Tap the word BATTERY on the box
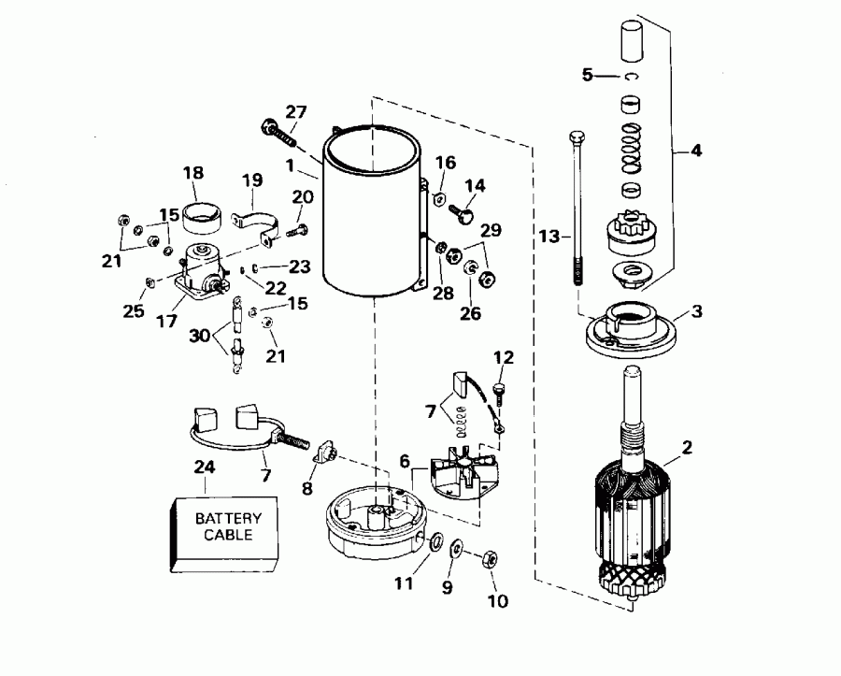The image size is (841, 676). coord(228,518)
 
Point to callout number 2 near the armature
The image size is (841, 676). coord(687,449)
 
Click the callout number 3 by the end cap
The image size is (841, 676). coord(696,311)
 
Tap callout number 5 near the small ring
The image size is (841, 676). coord(587,76)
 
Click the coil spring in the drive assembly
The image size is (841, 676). coord(633,146)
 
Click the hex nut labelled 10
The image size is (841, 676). coord(488,561)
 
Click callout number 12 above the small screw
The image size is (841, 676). coord(504,357)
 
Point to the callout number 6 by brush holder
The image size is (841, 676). coord(406,461)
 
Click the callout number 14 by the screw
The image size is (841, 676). coord(477,186)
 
